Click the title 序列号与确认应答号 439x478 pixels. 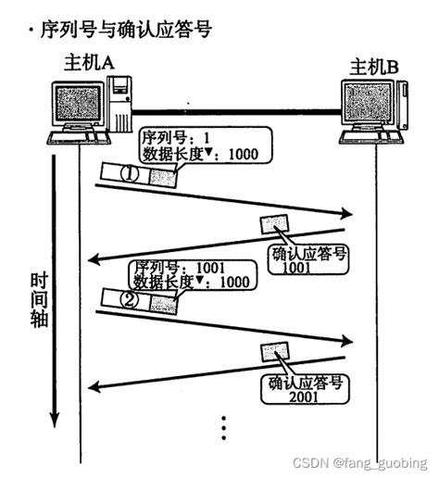(x=121, y=30)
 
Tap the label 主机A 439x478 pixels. (x=88, y=64)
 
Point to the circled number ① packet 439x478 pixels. (x=132, y=172)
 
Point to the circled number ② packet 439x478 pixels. (x=132, y=298)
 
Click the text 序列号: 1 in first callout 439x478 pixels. (x=174, y=138)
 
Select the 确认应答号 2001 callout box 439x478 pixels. (x=306, y=389)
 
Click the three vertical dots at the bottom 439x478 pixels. (x=223, y=427)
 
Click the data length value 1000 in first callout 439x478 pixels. (x=243, y=155)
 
